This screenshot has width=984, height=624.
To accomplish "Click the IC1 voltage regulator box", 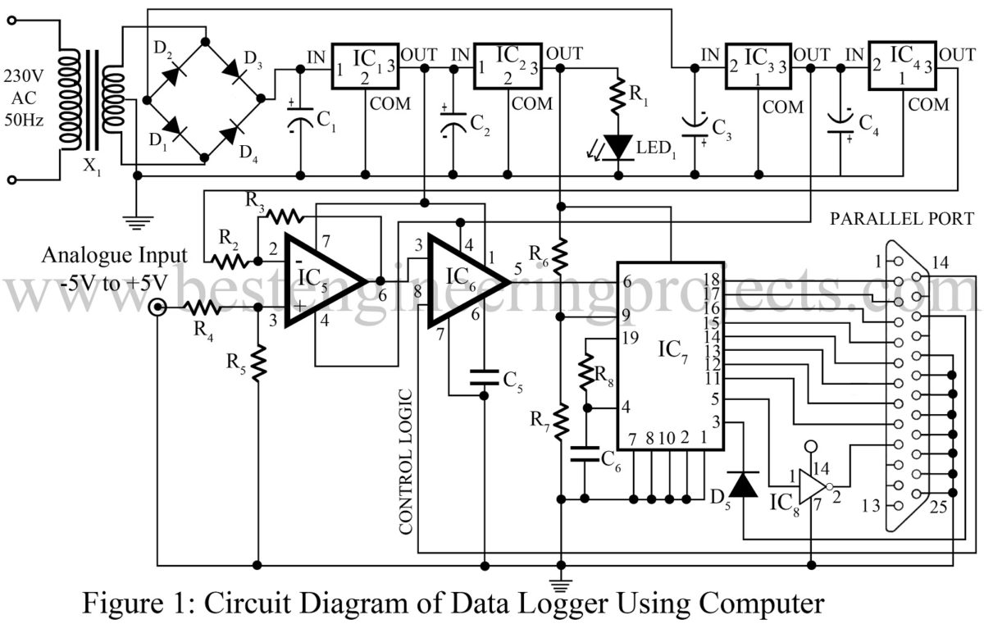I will tap(364, 66).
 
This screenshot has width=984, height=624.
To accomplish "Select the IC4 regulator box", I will tap(902, 65).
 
